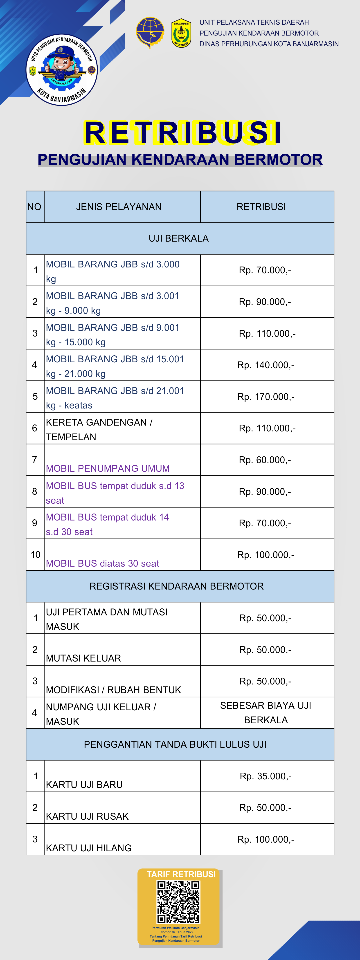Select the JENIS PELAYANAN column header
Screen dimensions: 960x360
click(119, 207)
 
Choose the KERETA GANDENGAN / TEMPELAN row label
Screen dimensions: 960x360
click(99, 429)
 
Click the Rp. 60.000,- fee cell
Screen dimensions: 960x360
click(265, 460)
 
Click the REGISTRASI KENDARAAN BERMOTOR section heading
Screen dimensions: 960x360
click(177, 586)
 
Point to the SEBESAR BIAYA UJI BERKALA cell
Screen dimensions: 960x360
click(266, 713)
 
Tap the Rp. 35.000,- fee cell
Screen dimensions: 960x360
click(266, 776)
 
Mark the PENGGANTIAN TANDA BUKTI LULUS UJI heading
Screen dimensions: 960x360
click(175, 744)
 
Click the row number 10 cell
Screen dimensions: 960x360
click(35, 554)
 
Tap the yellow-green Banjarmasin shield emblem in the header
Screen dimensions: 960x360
click(182, 33)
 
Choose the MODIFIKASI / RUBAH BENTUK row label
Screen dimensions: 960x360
click(113, 690)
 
